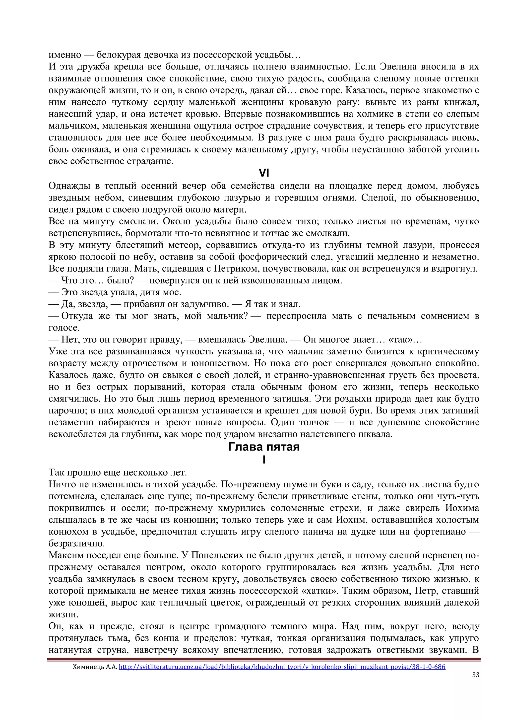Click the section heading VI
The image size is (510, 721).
[x=264, y=173]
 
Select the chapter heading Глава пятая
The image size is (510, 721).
[x=264, y=447]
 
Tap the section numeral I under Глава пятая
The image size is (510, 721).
[x=264, y=460]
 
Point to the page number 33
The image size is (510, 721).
[x=475, y=674]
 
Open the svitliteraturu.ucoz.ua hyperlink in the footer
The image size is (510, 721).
[x=282, y=666]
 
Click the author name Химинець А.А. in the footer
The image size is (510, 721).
[x=95, y=666]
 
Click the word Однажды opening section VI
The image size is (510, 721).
[x=71, y=186]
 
